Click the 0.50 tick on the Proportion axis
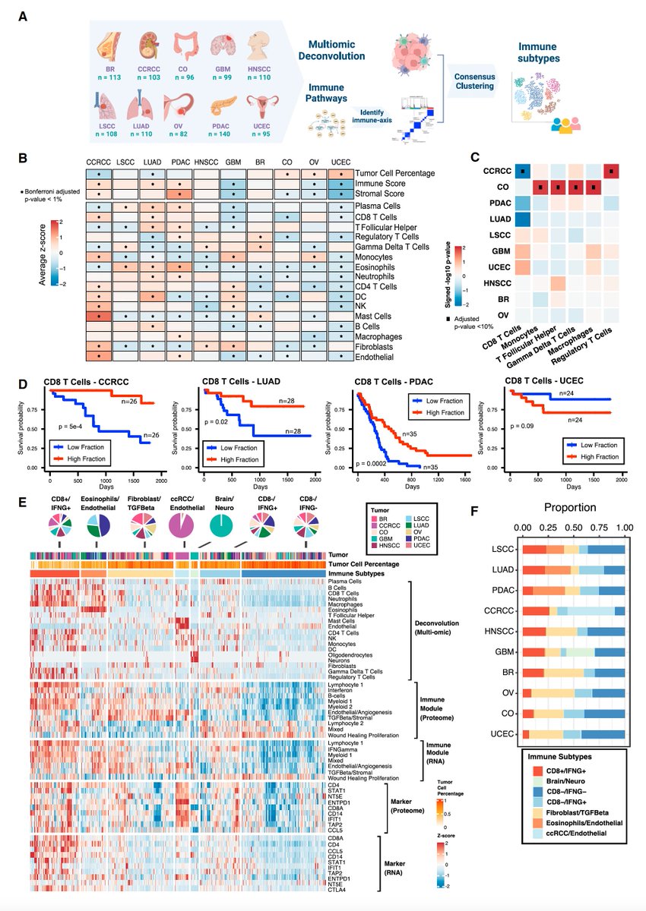574,525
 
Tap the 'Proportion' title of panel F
574,506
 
